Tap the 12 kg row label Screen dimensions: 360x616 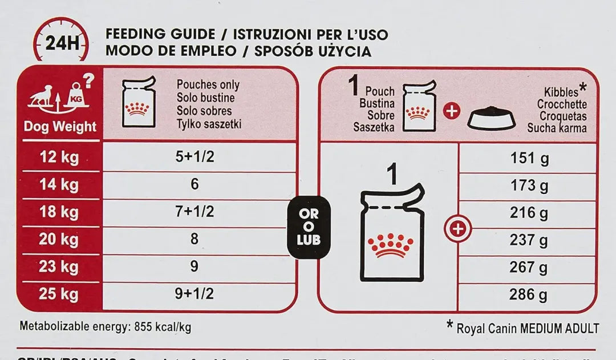click(x=59, y=157)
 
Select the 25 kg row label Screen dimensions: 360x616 click(x=59, y=294)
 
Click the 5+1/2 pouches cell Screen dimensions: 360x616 click(x=194, y=157)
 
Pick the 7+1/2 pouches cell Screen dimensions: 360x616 click(x=194, y=212)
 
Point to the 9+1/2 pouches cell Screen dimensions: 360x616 click(x=194, y=294)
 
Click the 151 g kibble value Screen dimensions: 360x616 click(x=529, y=157)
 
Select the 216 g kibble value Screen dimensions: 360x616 click(x=529, y=213)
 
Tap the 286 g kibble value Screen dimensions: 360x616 click(x=529, y=295)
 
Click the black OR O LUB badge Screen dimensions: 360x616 click(x=309, y=226)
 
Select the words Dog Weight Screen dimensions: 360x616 click(x=60, y=126)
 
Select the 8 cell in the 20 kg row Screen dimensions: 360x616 click(x=194, y=239)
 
